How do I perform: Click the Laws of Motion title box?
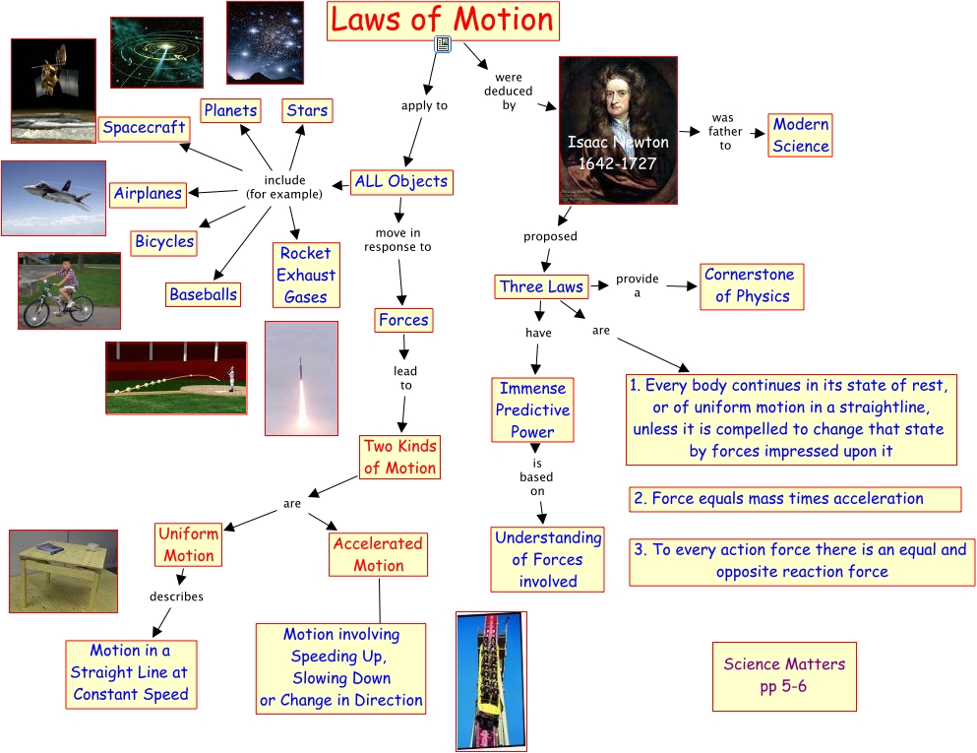click(443, 21)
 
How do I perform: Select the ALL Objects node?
click(401, 181)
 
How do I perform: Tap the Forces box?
click(403, 320)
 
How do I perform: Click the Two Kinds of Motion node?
click(399, 457)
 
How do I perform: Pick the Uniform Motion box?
click(189, 544)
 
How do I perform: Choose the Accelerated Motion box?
click(379, 554)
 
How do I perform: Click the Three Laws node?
click(541, 287)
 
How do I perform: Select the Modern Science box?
click(800, 136)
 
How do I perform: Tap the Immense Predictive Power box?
click(532, 409)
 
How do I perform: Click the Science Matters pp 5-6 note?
click(784, 675)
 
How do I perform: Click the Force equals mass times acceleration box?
click(795, 499)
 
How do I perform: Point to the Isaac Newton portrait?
click(616, 129)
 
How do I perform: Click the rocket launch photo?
click(301, 378)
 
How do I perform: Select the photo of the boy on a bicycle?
click(69, 290)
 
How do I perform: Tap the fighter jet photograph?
click(53, 198)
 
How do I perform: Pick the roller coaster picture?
click(486, 680)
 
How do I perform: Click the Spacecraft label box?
click(144, 127)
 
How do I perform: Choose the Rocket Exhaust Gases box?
click(306, 275)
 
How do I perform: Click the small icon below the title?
click(443, 43)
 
